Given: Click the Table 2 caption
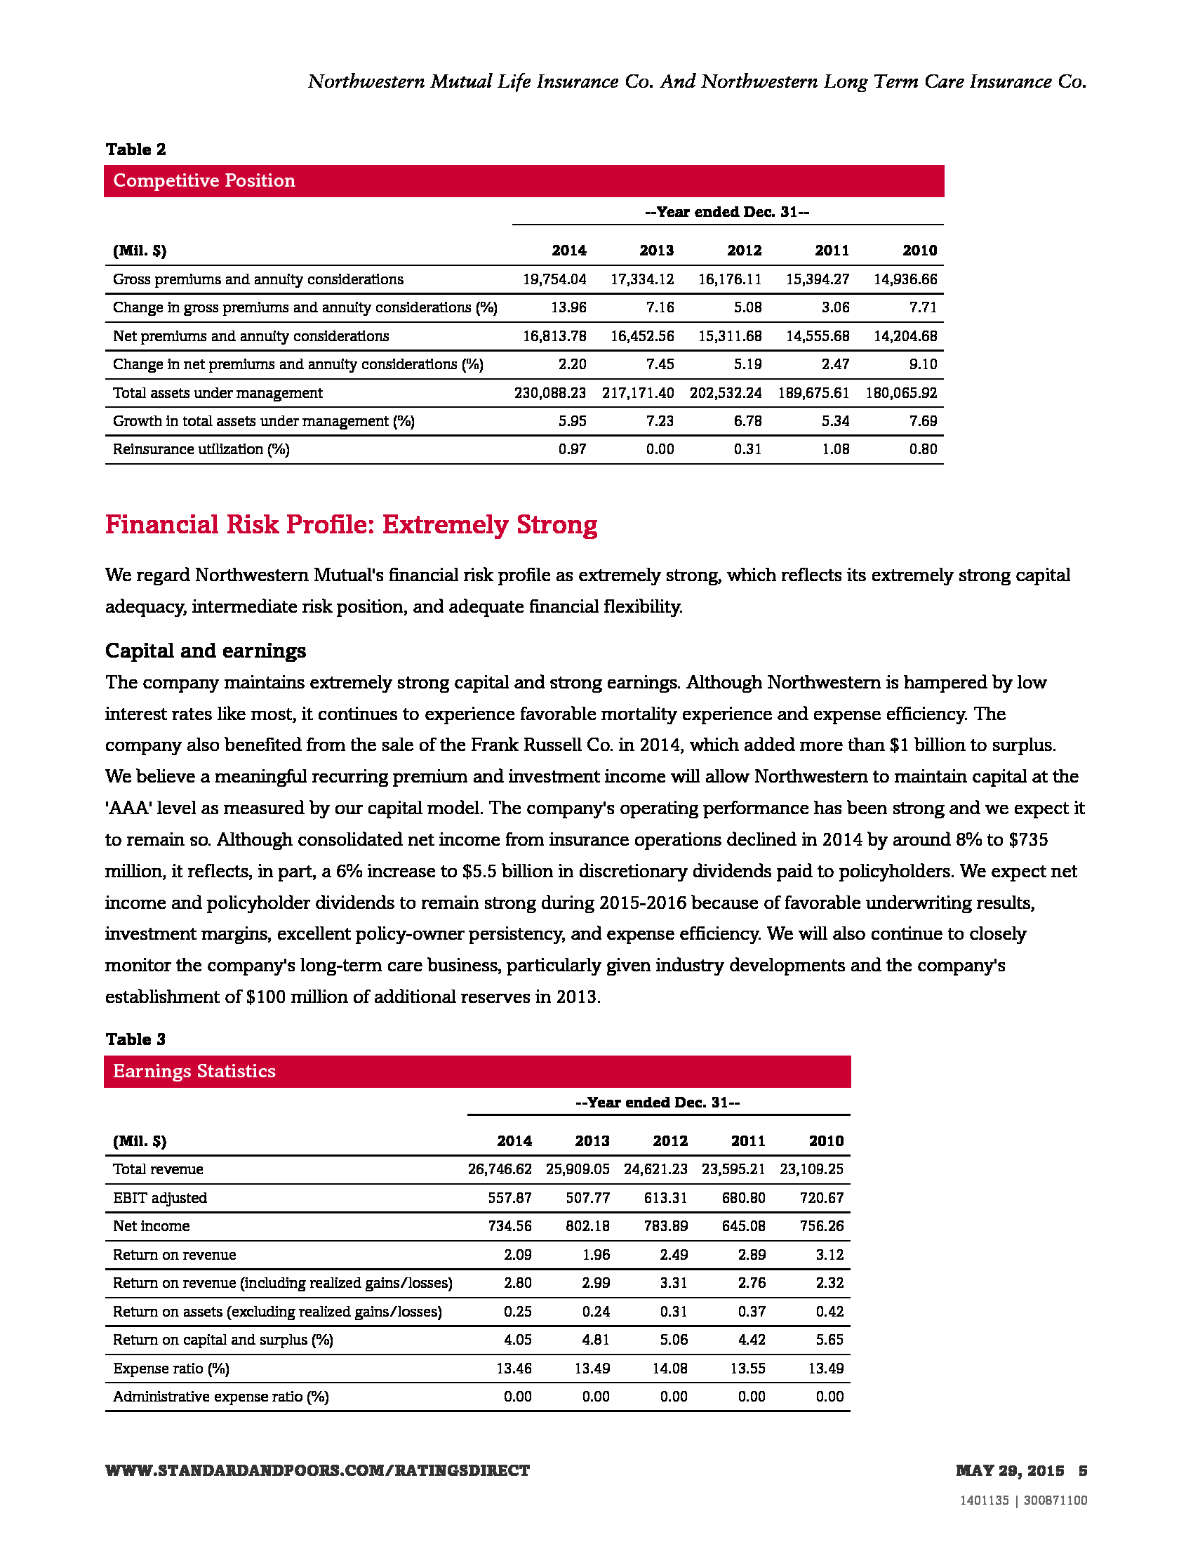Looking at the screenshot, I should point(135,149).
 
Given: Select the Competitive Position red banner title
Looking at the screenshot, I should point(204,181).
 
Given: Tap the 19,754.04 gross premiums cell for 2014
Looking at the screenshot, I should point(554,279).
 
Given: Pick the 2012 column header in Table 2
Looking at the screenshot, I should point(744,251).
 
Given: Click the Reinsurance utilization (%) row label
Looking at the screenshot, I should point(201,450).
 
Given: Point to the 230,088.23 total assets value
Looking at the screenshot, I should point(550,393).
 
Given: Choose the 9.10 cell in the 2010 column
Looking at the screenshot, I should point(923,364).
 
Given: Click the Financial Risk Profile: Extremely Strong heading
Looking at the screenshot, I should point(352,524).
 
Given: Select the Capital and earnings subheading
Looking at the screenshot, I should point(206,651).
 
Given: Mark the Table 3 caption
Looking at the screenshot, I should point(135,1039).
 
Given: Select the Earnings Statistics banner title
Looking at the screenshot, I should point(194,1071).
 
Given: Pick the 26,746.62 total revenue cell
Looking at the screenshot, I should point(500,1169).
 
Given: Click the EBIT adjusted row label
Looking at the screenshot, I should point(160,1197).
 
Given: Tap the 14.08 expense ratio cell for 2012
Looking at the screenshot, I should point(669,1368).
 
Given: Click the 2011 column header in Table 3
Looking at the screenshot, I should point(748,1140).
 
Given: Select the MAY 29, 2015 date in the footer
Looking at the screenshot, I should point(1009,1471).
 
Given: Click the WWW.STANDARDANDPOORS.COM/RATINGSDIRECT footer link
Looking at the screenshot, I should point(317,1471).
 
